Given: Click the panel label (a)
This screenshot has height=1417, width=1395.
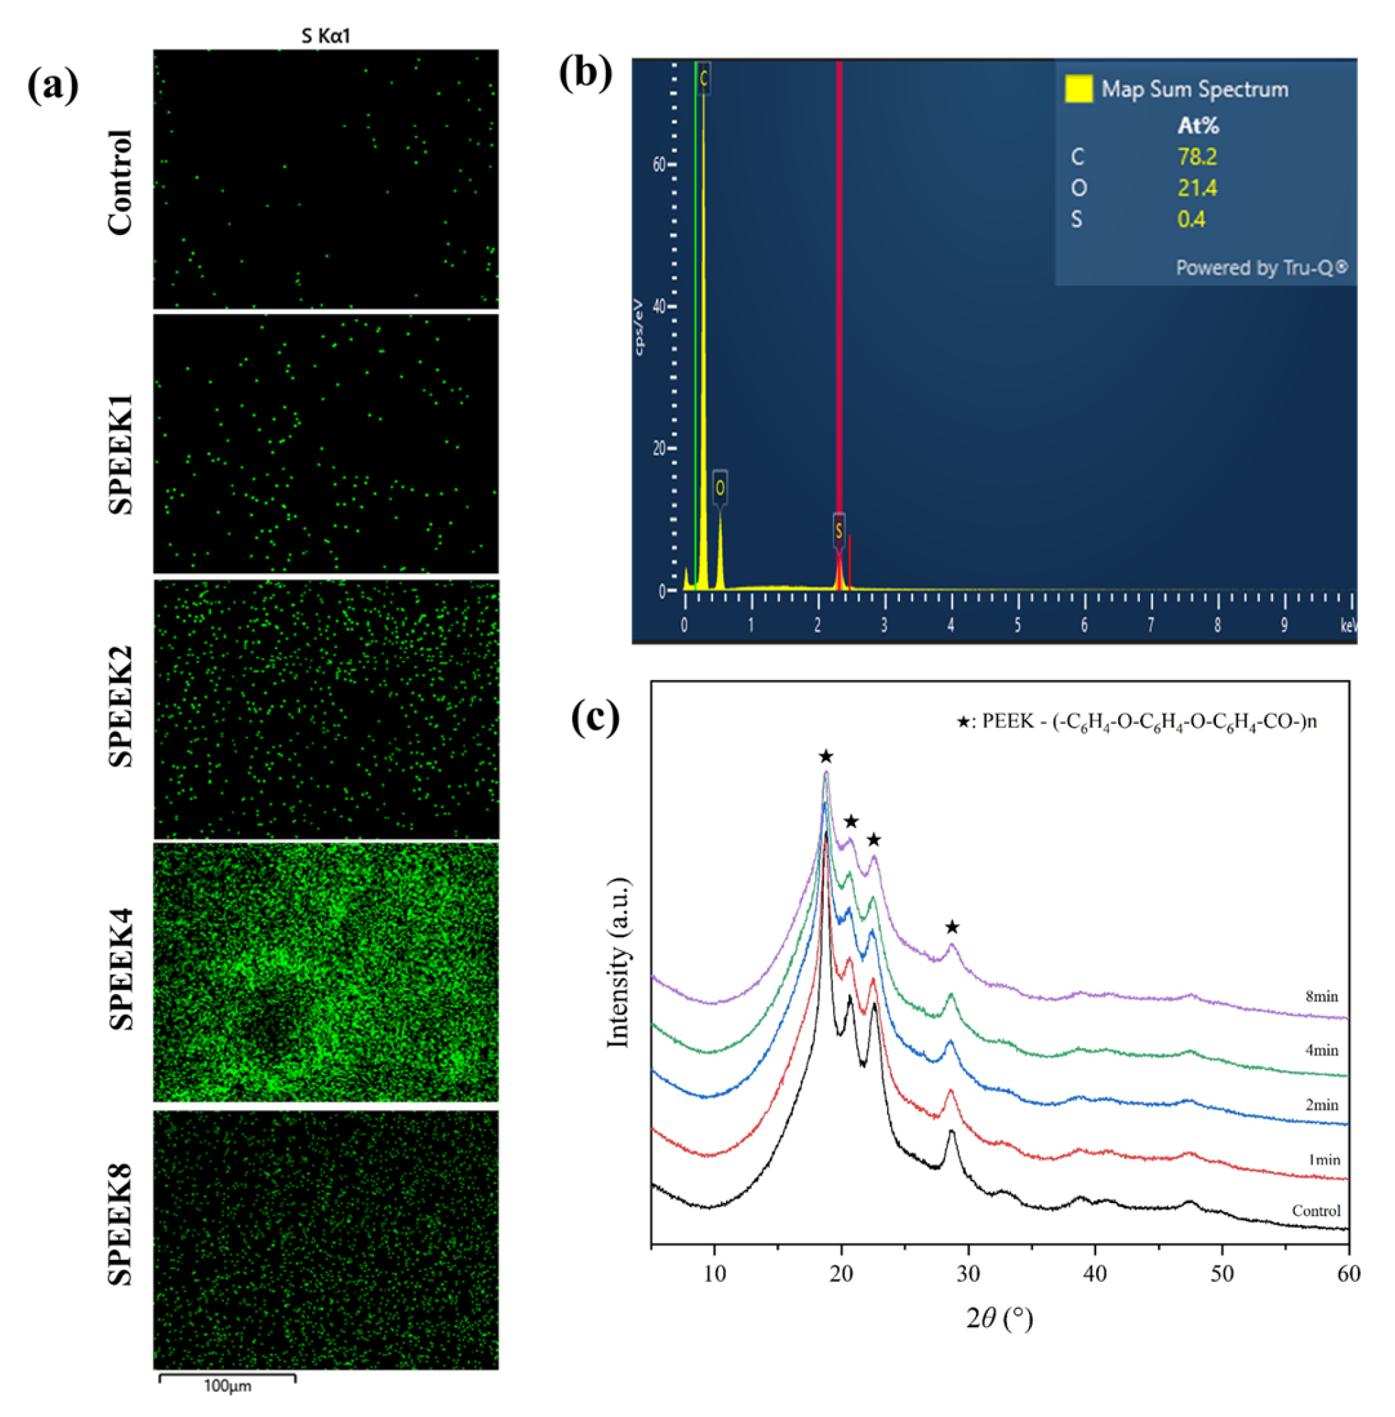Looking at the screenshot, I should (52, 87).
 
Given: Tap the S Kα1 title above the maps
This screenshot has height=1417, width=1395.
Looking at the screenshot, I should (326, 36).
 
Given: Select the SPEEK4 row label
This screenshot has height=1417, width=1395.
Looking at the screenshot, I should (121, 970).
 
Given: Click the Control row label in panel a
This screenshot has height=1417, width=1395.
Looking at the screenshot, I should (121, 182).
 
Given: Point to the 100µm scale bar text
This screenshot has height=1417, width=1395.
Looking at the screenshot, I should (227, 1385).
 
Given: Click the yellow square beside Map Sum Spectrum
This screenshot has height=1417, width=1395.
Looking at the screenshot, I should (1078, 88).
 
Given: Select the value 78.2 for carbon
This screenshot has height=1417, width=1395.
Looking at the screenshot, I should (1197, 157).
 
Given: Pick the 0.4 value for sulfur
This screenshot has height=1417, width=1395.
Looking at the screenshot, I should (1191, 219).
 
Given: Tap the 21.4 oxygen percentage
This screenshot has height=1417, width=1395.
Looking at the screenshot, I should (1197, 189).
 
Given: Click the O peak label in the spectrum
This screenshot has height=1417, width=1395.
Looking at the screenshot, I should (720, 487).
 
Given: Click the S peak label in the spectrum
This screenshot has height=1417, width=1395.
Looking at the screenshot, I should (839, 530).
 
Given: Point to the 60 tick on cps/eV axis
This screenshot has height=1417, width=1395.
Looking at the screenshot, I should (659, 164).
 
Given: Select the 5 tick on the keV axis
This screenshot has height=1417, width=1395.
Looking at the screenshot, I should (1018, 626).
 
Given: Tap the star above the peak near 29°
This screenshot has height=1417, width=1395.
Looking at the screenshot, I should (951, 928).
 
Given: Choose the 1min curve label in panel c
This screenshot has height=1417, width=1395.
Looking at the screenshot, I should (1323, 1159).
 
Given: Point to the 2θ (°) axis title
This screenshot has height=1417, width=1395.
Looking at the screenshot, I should (999, 1319).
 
